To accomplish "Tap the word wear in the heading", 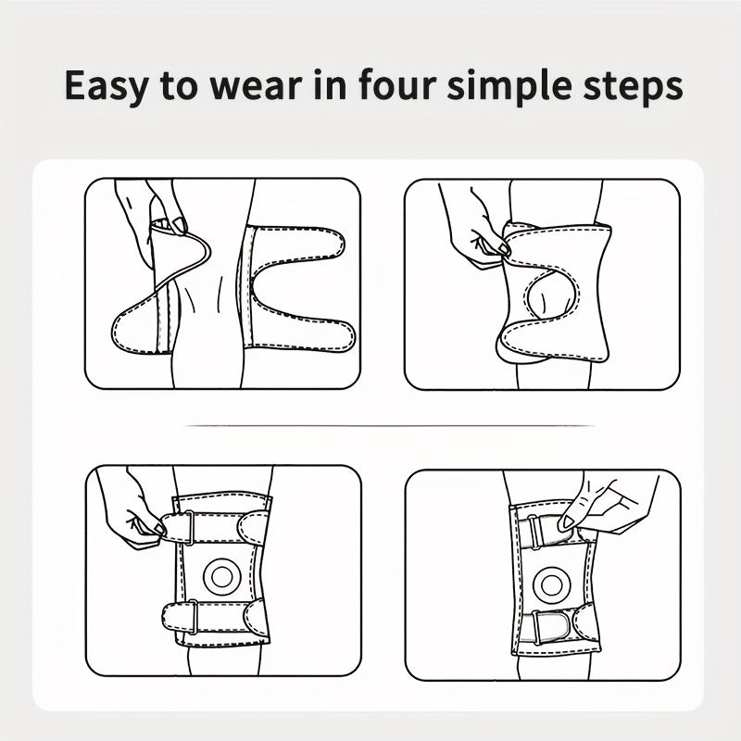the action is point(256,86).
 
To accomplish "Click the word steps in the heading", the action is point(633,87).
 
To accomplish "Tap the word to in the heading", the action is point(179,86).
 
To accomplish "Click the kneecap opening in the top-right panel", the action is point(551,295).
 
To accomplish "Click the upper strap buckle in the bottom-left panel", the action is point(189,527).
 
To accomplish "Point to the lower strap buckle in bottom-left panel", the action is point(194,616).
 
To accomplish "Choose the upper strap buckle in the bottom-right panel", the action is point(534,532).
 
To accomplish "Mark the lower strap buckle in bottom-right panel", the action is point(537,627).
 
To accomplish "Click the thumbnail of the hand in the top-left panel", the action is point(179,225).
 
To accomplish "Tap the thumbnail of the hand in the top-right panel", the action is point(503,247).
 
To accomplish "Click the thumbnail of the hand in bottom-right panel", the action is point(566,522).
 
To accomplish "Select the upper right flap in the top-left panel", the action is point(295,244).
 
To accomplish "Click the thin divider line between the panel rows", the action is point(390,426).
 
